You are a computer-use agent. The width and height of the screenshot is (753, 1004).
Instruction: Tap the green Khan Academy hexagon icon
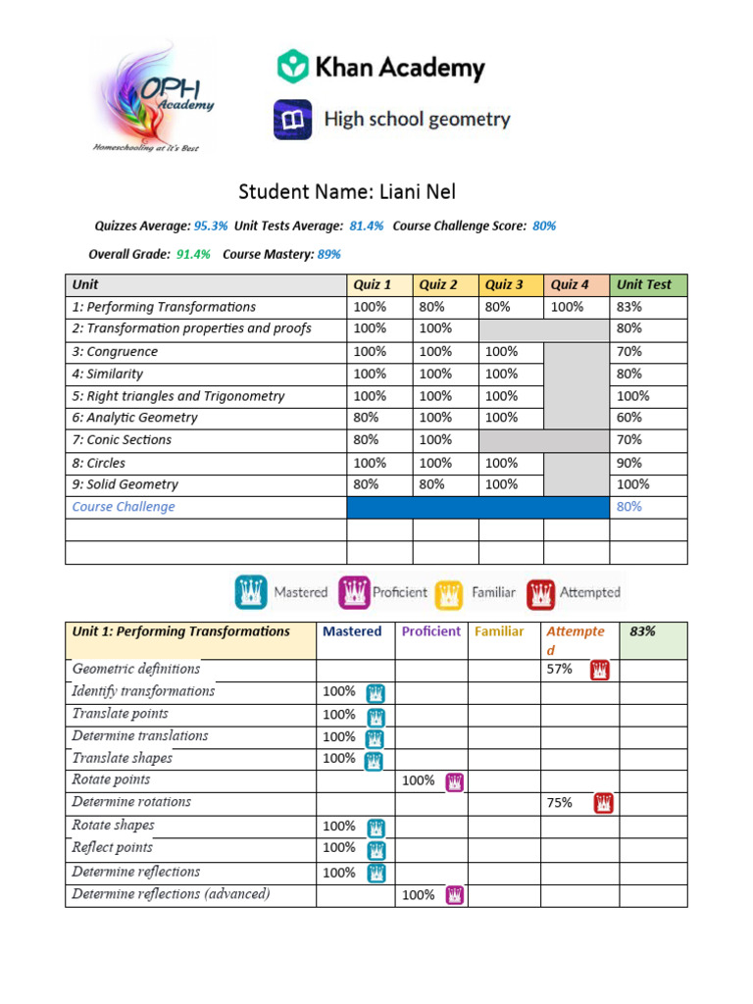tap(292, 67)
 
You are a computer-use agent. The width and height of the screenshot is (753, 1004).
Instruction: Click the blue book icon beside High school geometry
tap(292, 120)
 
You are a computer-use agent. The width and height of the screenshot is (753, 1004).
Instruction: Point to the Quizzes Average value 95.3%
tap(211, 226)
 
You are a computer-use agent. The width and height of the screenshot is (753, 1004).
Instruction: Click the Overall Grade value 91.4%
tap(193, 254)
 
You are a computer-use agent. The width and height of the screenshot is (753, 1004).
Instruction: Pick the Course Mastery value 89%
tap(328, 254)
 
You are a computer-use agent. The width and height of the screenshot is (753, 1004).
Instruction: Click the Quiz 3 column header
tap(504, 284)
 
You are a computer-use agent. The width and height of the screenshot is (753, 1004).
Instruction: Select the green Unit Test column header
tap(648, 284)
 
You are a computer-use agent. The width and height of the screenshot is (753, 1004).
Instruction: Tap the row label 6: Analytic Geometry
tap(135, 418)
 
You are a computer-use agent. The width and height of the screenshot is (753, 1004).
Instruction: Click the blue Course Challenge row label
tap(124, 507)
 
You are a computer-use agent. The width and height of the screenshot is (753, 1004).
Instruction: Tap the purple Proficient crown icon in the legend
tap(354, 592)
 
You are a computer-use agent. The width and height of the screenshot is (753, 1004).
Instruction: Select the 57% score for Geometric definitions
tap(560, 670)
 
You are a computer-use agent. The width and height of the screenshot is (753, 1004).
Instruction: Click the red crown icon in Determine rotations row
tap(605, 803)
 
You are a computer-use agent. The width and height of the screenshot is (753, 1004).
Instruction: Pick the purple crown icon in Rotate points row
tap(455, 781)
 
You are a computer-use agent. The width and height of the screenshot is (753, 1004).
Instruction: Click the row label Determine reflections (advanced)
tap(172, 894)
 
